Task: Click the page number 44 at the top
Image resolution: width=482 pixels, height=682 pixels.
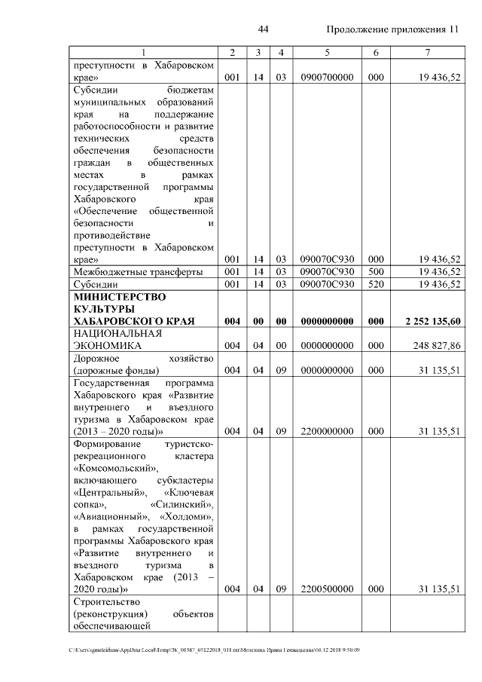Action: pos(264,29)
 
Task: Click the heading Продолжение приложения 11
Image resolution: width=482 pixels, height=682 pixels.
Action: pos(392,29)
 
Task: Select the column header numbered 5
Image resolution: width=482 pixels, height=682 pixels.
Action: pos(327,52)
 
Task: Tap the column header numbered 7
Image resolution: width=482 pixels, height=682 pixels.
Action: pos(427,52)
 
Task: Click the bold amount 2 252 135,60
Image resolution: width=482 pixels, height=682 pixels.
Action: pos(432,322)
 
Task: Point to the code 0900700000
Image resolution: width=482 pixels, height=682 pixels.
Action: pos(327,78)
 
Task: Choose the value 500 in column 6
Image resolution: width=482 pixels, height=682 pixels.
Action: pos(375,271)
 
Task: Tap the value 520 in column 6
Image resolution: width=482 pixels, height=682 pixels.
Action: pos(375,284)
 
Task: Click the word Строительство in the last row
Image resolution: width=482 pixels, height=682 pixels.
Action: pos(107,601)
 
